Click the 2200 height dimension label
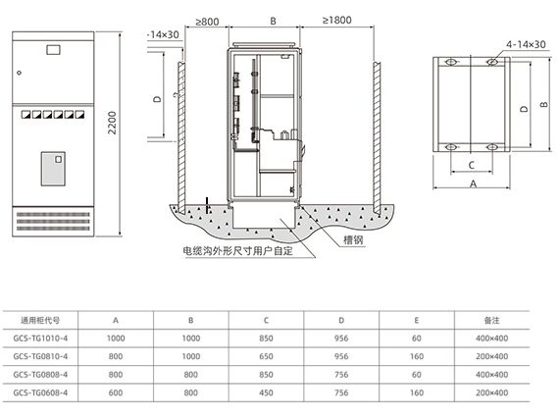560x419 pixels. click(112, 123)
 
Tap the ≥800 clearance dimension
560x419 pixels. click(207, 22)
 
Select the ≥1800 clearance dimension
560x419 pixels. click(336, 21)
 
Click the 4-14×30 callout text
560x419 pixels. click(526, 44)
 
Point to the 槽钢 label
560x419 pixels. click(353, 239)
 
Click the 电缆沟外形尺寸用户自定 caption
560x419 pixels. click(237, 251)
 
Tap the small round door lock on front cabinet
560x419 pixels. click(20, 73)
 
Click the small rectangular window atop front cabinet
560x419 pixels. click(53, 49)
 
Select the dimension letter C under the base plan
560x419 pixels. click(472, 165)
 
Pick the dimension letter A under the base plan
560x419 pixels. click(474, 183)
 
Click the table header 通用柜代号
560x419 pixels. click(40, 321)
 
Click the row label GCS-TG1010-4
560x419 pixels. click(40, 339)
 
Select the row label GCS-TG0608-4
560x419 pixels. click(40, 393)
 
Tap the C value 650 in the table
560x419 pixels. click(266, 356)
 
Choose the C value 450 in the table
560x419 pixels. click(266, 393)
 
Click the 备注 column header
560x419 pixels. click(491, 321)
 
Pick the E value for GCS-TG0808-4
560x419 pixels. click(417, 375)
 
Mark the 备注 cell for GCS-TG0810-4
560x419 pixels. click(491, 356)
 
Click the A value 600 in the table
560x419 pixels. click(116, 393)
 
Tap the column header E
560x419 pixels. click(417, 321)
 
